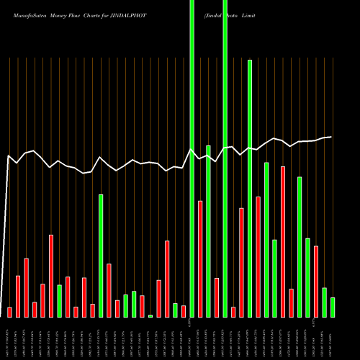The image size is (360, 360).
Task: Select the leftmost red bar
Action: point(9,312)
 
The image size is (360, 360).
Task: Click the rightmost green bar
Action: point(333,307)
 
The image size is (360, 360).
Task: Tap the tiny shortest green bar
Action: point(150,316)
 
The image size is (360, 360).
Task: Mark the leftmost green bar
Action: point(59,301)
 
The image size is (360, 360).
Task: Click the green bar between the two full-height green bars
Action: point(208,231)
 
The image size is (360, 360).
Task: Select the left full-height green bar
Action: point(192,158)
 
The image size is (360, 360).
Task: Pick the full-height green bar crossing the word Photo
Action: point(225,158)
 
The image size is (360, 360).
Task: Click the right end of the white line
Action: point(331,137)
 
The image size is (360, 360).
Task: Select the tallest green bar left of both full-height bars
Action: point(101,256)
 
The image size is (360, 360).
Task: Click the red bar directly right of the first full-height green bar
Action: point(200,259)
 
